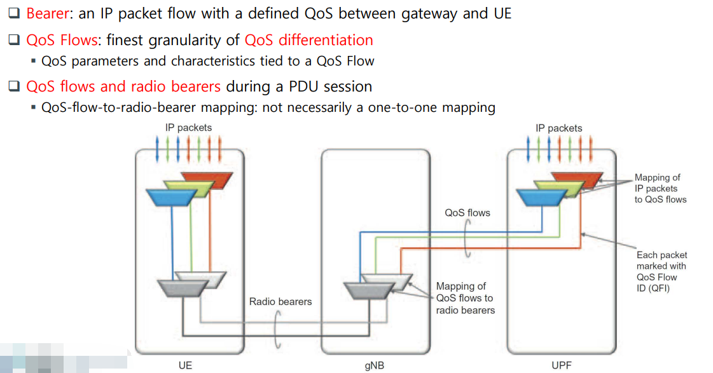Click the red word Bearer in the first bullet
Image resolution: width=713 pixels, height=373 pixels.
47,13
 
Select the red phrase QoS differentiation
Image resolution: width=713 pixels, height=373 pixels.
308,40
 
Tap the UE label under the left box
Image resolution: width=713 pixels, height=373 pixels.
185,365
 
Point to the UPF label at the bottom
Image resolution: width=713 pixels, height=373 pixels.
562,365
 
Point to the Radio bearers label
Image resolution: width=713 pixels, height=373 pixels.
280,301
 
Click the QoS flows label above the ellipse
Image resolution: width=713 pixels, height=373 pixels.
467,213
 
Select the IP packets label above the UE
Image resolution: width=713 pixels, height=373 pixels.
188,128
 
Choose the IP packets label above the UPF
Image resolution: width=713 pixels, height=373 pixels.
559,128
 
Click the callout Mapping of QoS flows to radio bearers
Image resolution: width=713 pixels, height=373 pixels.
465,298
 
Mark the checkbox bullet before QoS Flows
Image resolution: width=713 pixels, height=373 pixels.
15,41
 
